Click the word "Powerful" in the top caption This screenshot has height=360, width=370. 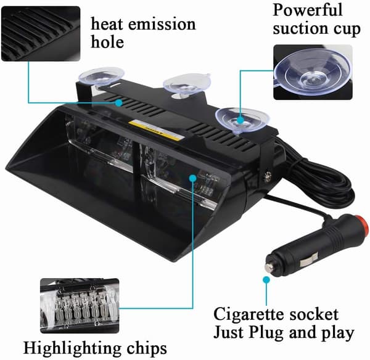tap(307, 10)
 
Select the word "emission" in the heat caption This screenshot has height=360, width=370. tap(162, 24)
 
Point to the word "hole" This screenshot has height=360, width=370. tap(107, 42)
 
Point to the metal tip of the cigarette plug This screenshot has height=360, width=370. tap(268, 267)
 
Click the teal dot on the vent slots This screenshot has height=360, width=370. tap(119, 103)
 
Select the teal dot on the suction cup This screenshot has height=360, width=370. tap(240, 120)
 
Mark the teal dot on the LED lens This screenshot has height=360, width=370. tap(193, 178)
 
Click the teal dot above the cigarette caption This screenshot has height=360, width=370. tap(266, 280)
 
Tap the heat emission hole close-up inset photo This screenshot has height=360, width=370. tap(41, 34)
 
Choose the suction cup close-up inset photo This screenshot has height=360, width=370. tap(313, 72)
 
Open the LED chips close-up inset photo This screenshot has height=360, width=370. tap(80, 306)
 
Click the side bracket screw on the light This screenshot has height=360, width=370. tap(267, 177)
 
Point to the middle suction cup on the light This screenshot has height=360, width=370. tap(187, 84)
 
